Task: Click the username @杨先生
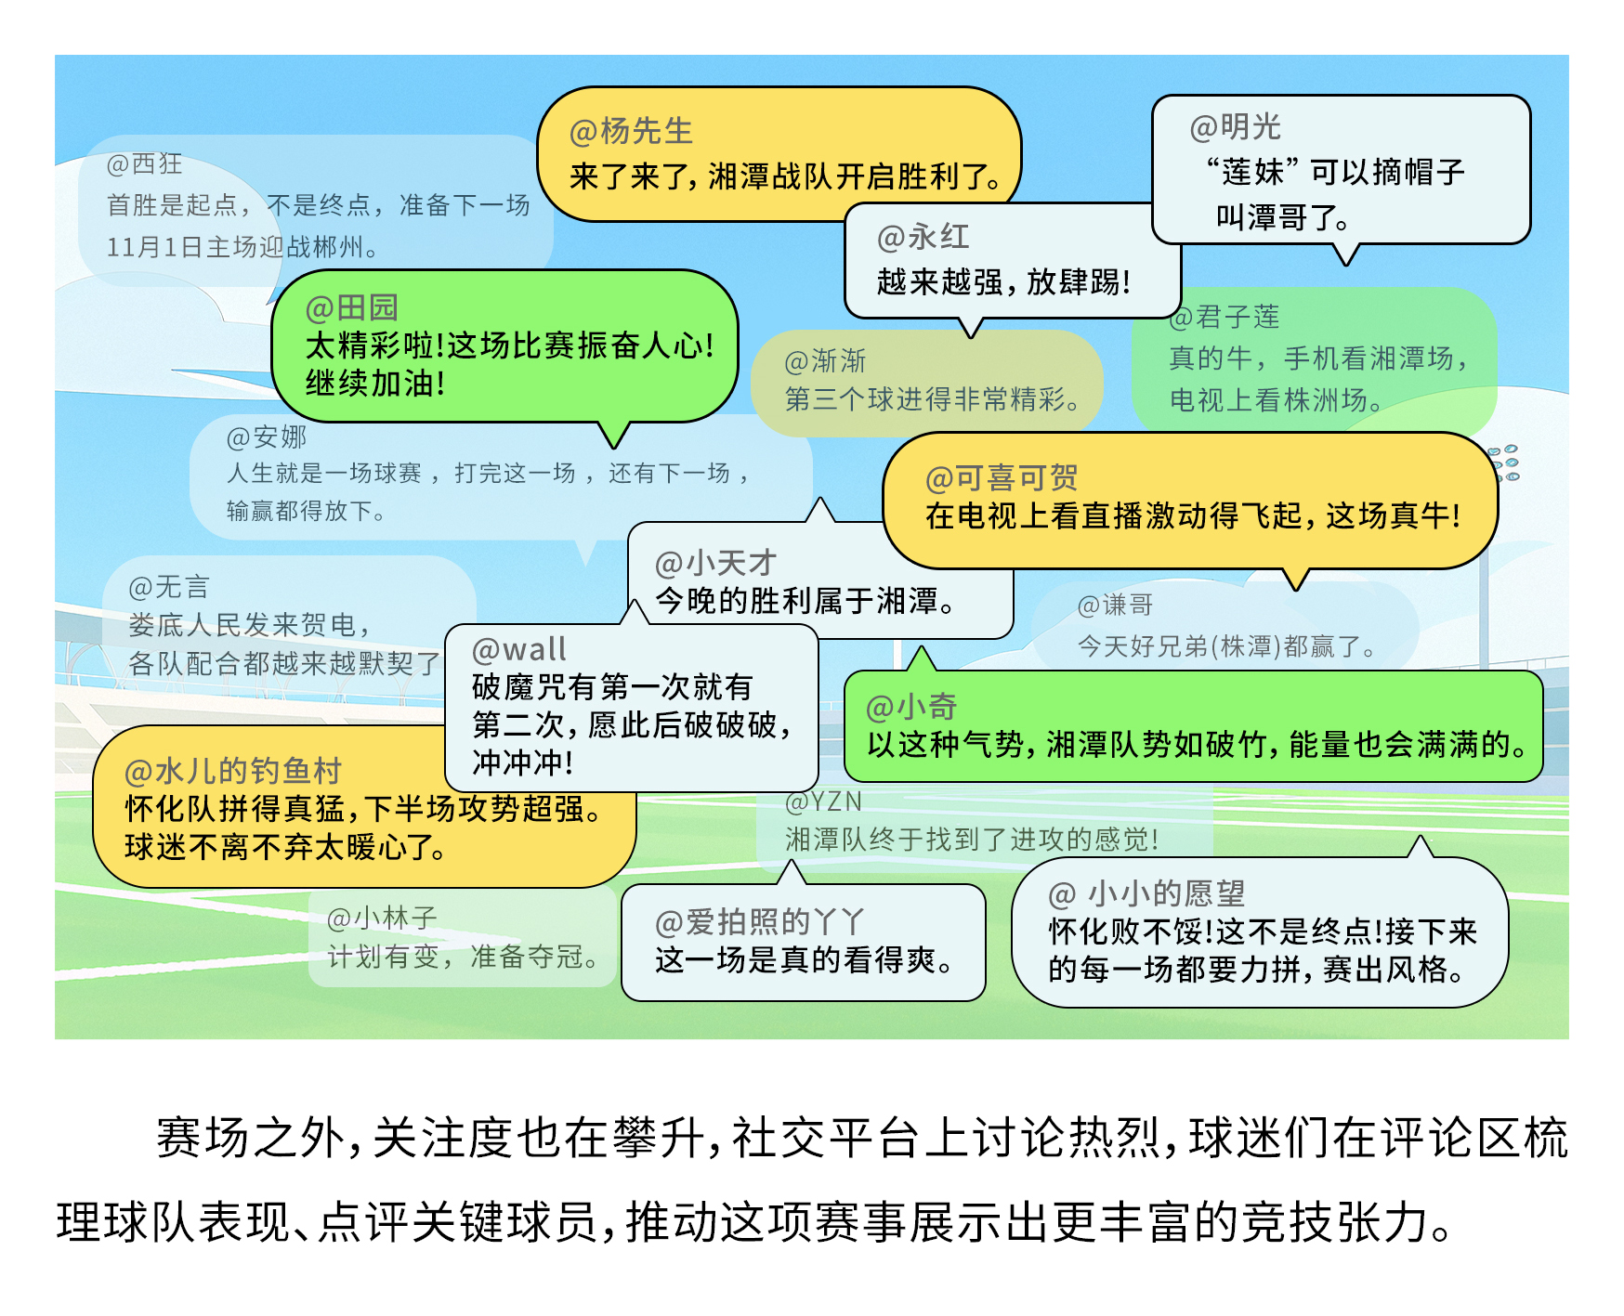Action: click(631, 132)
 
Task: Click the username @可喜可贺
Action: click(1001, 477)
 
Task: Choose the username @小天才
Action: click(714, 563)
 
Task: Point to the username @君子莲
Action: click(1224, 318)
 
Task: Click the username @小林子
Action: click(381, 919)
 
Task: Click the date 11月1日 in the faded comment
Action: click(153, 247)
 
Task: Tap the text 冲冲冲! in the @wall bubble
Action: click(522, 762)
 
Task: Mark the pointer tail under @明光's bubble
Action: click(1345, 254)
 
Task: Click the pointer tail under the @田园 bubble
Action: click(613, 434)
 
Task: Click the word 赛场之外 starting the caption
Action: click(250, 1138)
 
